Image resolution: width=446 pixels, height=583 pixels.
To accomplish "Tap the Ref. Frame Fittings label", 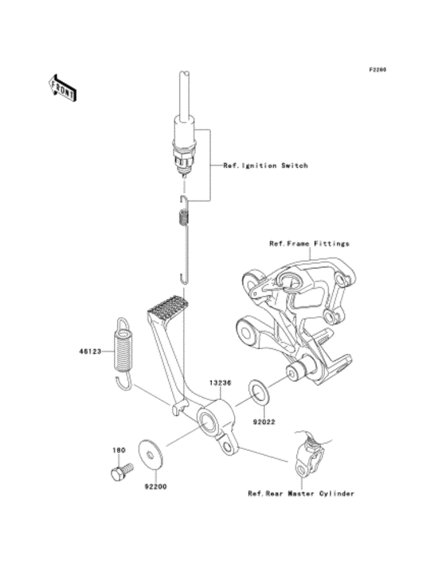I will [309, 243].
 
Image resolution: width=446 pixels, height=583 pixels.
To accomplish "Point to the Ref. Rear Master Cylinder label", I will [300, 494].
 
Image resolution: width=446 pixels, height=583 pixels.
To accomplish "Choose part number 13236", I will [221, 383].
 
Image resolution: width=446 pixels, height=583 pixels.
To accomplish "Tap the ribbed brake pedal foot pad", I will [167, 309].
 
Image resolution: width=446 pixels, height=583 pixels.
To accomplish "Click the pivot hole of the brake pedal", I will [210, 418].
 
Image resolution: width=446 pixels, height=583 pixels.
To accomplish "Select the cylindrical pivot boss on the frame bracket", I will [302, 371].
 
